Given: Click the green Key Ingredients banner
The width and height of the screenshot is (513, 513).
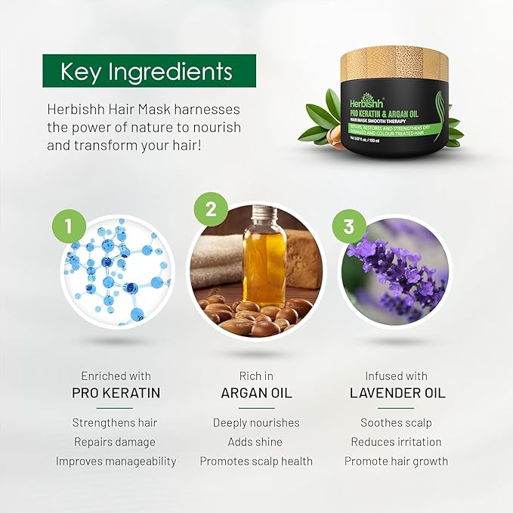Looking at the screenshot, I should click(149, 71).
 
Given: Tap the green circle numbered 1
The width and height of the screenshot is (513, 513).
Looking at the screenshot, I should click(70, 224).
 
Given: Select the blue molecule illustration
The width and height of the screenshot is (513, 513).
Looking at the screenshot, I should click(113, 272).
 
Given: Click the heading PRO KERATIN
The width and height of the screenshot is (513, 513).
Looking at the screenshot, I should click(116, 394).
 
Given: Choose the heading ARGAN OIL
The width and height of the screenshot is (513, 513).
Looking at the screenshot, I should click(256, 394).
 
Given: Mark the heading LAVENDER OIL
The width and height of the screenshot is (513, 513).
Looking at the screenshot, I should click(397, 394).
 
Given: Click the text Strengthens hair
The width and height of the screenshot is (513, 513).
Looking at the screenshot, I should click(115, 422).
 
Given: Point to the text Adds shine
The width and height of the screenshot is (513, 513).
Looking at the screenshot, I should click(256, 442).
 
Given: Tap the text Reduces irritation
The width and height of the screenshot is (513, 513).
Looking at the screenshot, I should click(396, 442).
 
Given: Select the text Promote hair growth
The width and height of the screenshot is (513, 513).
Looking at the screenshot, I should click(396, 461).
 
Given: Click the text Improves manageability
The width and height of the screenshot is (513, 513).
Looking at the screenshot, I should click(116, 461).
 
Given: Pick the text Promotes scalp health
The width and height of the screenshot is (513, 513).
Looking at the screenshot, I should click(256, 461).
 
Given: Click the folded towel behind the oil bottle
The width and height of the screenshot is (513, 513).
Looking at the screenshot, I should click(215, 261).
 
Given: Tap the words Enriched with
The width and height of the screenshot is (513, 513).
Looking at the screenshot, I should click(116, 375).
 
